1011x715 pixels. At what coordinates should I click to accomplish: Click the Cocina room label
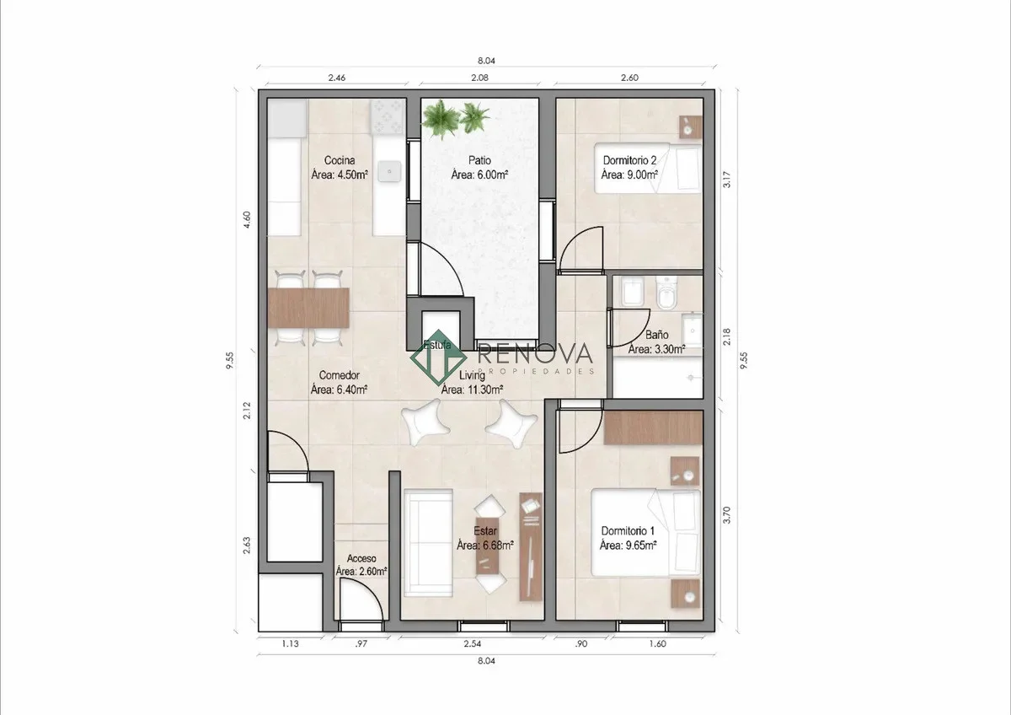tap(340, 160)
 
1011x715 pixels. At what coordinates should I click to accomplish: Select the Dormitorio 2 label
tap(629, 160)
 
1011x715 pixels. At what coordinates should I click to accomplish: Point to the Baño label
tap(656, 335)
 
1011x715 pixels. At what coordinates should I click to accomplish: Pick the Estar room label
tap(485, 531)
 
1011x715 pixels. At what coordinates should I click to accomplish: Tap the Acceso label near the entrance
tap(361, 559)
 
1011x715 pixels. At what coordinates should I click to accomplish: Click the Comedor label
tap(339, 375)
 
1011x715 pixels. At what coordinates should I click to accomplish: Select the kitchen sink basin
tap(389, 172)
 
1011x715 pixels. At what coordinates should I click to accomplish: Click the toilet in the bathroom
tap(666, 293)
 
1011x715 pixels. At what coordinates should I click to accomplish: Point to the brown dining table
tap(308, 308)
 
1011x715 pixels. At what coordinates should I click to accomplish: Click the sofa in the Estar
tap(428, 543)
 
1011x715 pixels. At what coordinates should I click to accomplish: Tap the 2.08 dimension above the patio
tap(479, 78)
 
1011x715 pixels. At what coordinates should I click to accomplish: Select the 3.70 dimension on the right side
tap(726, 515)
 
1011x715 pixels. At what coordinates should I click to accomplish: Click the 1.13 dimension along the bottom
tap(290, 643)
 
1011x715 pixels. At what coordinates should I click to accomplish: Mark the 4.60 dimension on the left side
tap(247, 219)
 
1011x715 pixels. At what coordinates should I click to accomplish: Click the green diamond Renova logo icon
tap(438, 357)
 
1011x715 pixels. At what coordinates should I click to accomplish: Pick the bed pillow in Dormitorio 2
tap(689, 169)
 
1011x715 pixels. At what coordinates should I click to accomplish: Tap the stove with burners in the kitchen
tap(387, 117)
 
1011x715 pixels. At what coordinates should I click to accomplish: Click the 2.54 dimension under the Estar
tap(472, 643)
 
